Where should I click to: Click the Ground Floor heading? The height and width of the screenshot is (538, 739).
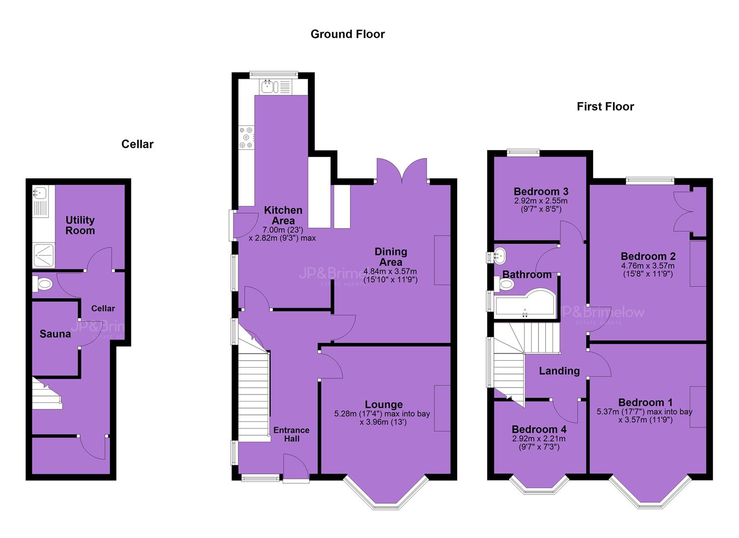click(347, 34)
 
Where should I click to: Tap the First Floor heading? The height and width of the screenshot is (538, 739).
click(606, 106)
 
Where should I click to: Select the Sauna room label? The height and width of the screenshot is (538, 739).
click(55, 334)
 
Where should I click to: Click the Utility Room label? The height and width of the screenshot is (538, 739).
click(80, 225)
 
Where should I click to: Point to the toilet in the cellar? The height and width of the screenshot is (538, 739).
click(43, 284)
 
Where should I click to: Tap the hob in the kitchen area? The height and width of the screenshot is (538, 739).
click(247, 137)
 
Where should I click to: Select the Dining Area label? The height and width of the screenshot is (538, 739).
click(391, 257)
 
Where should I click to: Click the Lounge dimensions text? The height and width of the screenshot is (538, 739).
click(382, 418)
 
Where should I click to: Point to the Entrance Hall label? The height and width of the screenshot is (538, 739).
click(292, 434)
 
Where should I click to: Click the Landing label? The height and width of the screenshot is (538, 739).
click(559, 371)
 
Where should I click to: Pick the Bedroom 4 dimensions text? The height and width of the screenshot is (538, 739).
click(539, 443)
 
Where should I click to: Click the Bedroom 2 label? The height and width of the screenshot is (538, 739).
click(648, 256)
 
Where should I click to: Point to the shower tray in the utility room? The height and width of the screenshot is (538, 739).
click(44, 256)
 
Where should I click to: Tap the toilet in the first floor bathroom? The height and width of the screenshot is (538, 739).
click(505, 284)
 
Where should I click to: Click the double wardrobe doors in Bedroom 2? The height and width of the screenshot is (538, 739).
click(682, 212)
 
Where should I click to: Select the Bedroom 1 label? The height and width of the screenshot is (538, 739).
click(645, 403)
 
